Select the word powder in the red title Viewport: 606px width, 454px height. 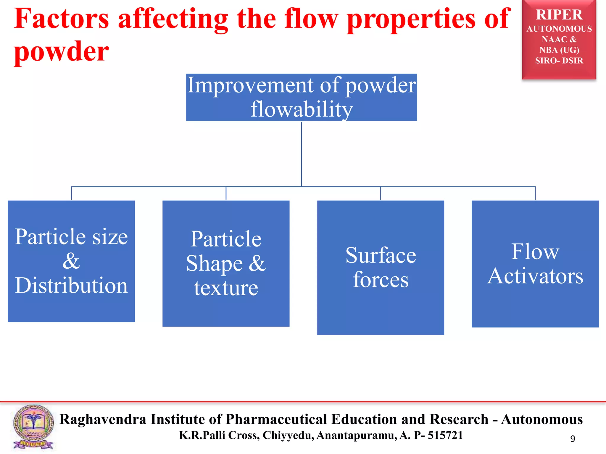61,52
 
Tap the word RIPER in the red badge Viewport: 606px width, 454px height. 559,15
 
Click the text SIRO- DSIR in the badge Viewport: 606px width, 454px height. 559,61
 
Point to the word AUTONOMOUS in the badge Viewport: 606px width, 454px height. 559,29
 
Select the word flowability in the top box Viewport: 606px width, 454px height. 301,109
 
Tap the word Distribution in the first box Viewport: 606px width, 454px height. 71,286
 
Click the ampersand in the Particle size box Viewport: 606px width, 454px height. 71,261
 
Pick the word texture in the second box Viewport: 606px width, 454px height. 226,288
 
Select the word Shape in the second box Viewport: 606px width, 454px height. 215,263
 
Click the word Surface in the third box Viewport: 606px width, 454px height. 381,255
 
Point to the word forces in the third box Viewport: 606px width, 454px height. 381,280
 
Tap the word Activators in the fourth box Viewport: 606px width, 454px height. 535,276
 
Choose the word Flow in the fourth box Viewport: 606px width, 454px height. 535,252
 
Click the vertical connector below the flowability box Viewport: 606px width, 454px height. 301,154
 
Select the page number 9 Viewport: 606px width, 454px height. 573,439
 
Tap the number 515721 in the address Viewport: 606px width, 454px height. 445,435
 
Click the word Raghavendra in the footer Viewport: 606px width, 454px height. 102,419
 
